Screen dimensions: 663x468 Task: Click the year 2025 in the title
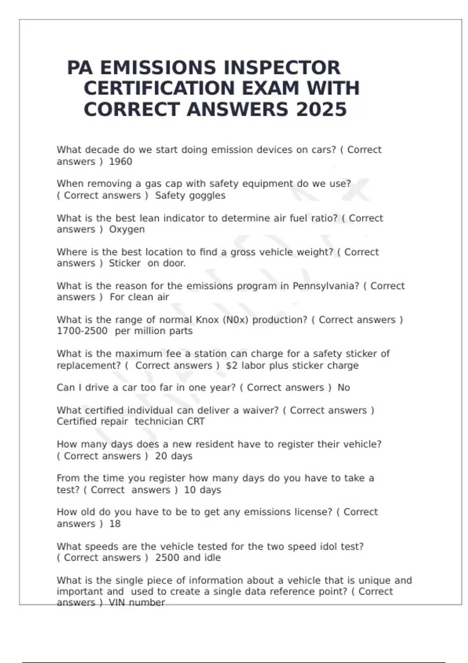(x=321, y=109)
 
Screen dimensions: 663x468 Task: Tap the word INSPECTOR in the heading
(x=279, y=68)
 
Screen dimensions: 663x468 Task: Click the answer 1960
(x=121, y=161)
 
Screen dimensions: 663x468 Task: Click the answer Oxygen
(x=127, y=229)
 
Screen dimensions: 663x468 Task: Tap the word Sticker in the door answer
(x=124, y=263)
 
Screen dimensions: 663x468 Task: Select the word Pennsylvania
(x=326, y=286)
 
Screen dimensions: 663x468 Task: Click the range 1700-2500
(x=82, y=331)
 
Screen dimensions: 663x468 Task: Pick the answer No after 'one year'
(x=344, y=388)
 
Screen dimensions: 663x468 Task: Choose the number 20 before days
(x=161, y=456)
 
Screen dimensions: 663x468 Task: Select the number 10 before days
(x=190, y=490)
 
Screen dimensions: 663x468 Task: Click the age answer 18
(x=115, y=524)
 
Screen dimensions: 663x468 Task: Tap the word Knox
(x=207, y=320)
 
